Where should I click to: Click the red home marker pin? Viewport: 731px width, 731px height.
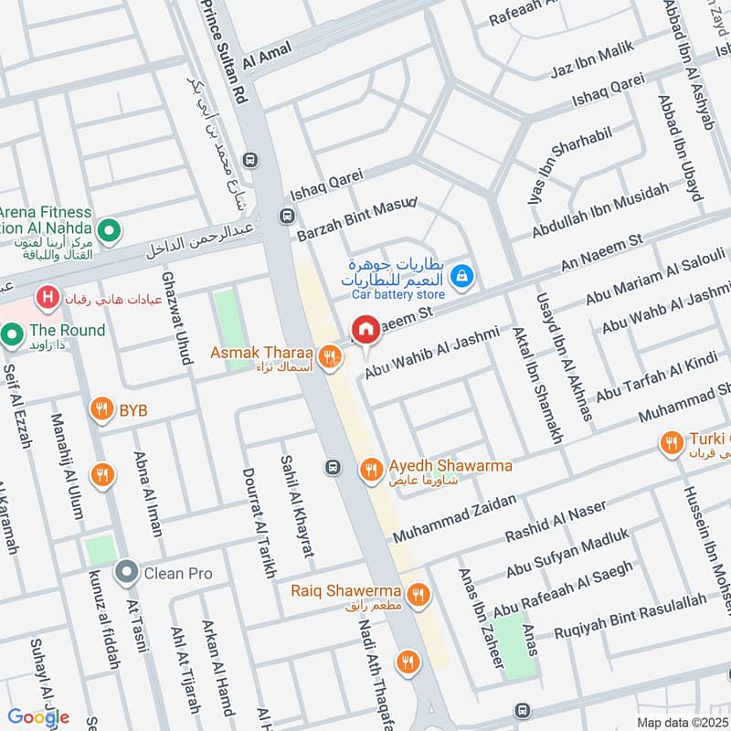365,330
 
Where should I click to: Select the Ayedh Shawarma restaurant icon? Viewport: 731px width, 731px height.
370,469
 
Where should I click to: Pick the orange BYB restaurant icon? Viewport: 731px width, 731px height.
101,409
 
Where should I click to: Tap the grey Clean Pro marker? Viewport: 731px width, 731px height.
126,573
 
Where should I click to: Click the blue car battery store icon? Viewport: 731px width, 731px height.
463,273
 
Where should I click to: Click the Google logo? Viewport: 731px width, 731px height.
38,717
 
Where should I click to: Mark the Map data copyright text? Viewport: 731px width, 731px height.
681,722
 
